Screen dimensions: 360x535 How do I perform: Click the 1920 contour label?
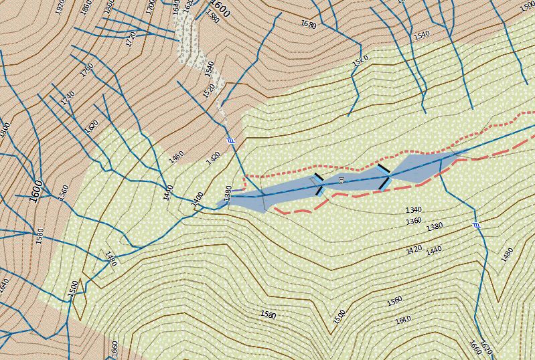[60, 8]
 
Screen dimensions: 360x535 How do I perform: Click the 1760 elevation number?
[87, 69]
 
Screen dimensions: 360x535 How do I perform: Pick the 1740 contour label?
[68, 98]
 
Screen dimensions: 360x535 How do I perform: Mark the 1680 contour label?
[308, 24]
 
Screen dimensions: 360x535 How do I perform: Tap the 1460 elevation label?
[176, 157]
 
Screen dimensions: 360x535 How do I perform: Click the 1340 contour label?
[413, 210]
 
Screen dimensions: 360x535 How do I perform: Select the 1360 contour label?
[414, 220]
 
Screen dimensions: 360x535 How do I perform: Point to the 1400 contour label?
[197, 199]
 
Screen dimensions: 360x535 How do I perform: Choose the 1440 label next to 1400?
[168, 191]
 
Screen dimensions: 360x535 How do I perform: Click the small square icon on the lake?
[341, 181]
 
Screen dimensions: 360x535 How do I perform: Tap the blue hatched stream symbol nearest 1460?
[231, 141]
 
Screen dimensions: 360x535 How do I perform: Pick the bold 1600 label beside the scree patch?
[220, 9]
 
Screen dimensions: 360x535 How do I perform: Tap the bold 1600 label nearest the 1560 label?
[37, 191]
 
